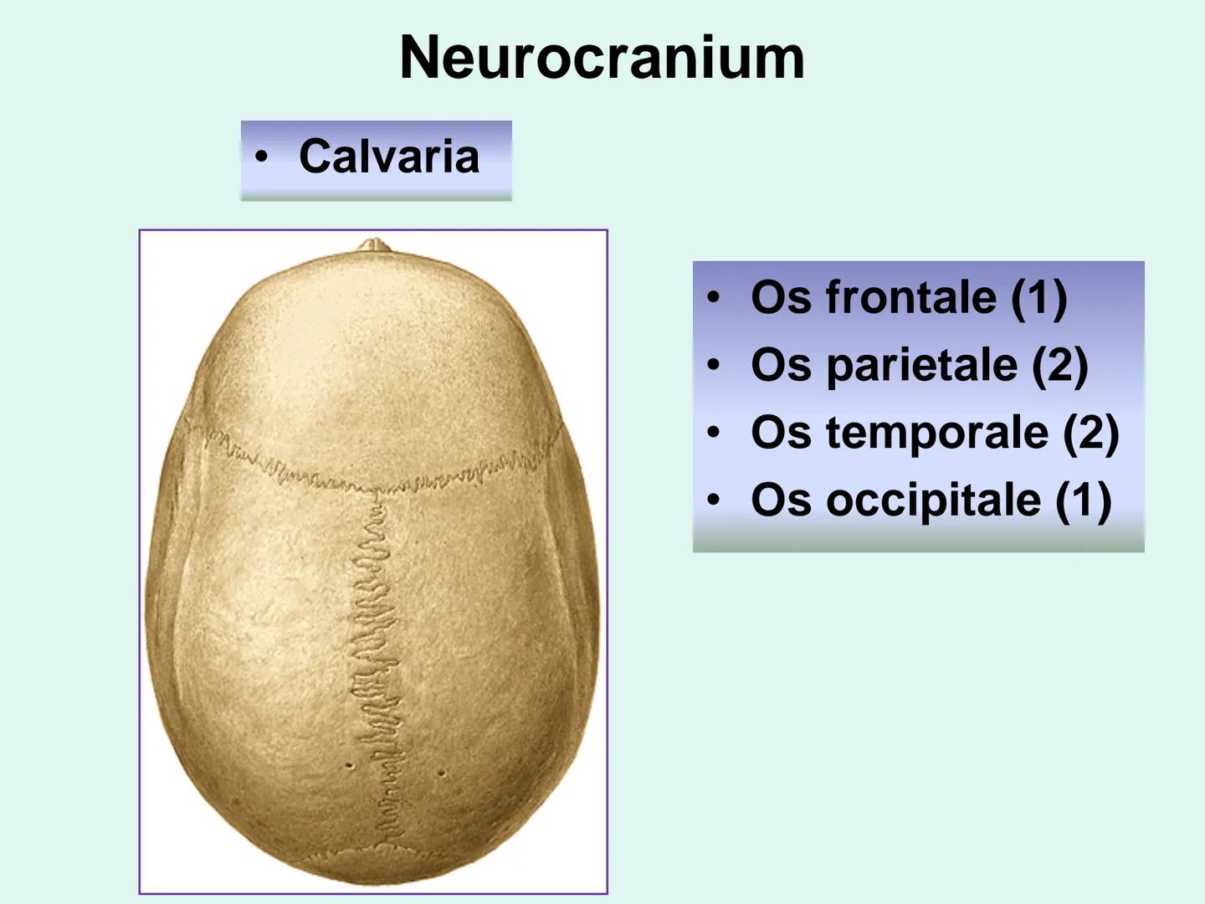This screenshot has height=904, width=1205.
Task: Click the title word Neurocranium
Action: [602, 59]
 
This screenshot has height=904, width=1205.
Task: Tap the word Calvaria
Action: [389, 157]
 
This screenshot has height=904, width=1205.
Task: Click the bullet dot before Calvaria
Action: [262, 157]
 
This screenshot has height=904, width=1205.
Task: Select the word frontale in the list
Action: [910, 297]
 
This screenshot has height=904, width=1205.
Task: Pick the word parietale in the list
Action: [921, 366]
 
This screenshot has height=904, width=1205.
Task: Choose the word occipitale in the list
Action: [933, 500]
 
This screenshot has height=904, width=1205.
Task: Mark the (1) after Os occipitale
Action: [1084, 501]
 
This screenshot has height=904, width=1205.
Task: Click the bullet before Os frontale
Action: [713, 297]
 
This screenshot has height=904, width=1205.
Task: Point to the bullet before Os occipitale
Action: [713, 500]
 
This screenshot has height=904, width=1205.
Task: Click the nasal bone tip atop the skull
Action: [374, 244]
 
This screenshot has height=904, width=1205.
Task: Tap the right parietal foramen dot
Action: [441, 773]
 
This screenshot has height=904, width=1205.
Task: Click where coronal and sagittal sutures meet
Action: [376, 491]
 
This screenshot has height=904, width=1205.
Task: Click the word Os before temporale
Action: [781, 433]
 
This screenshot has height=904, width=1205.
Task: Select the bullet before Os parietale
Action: [713, 365]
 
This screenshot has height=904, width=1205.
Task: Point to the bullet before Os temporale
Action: [713, 433]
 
